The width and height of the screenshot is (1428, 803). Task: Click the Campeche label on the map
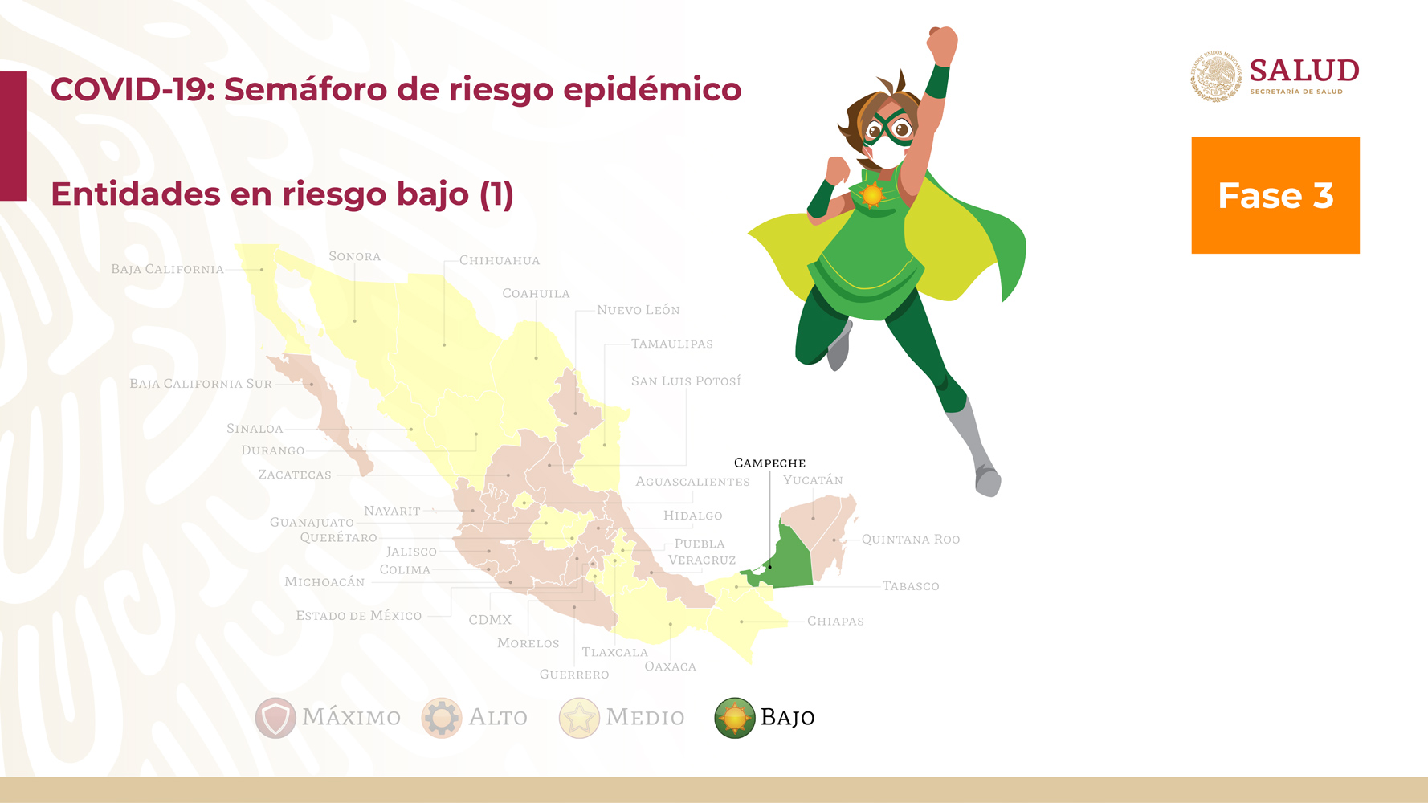point(769,463)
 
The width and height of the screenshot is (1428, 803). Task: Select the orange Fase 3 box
point(1275,195)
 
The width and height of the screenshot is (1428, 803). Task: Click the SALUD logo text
point(1304,71)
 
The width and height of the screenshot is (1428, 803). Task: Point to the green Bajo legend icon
point(735,717)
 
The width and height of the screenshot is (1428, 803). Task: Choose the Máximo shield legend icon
point(275,717)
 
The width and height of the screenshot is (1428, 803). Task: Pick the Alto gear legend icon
point(442,717)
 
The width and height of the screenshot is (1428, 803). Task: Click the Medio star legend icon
point(579,717)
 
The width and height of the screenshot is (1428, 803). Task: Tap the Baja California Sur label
point(201,384)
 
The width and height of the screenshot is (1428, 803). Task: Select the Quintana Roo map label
point(911,540)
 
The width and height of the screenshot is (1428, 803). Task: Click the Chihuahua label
point(500,260)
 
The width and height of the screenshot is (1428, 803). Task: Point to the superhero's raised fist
point(942,43)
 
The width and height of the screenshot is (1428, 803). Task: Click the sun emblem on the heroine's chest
point(872,194)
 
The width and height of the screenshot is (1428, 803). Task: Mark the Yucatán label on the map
point(813,480)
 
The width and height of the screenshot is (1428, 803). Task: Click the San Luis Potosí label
point(686,381)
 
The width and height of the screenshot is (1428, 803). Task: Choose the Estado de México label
point(358,615)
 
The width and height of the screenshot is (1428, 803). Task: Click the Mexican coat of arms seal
point(1215,76)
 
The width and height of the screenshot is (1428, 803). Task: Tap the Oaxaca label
point(670,666)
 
